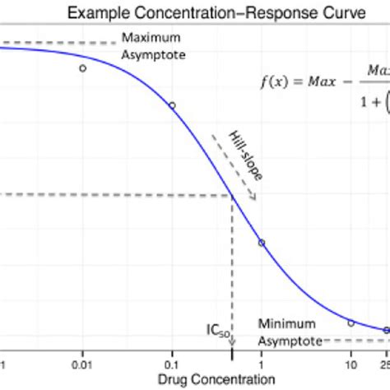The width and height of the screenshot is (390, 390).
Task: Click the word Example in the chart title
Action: [96, 14]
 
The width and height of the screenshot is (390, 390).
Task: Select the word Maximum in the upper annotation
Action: [150, 38]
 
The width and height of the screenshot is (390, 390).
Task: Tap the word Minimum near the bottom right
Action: [283, 323]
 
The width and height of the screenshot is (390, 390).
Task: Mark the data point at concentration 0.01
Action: [82, 68]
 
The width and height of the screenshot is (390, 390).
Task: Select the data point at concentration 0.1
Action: [172, 105]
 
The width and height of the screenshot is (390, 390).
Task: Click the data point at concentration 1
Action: [262, 243]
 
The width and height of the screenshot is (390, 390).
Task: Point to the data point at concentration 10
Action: [351, 323]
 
